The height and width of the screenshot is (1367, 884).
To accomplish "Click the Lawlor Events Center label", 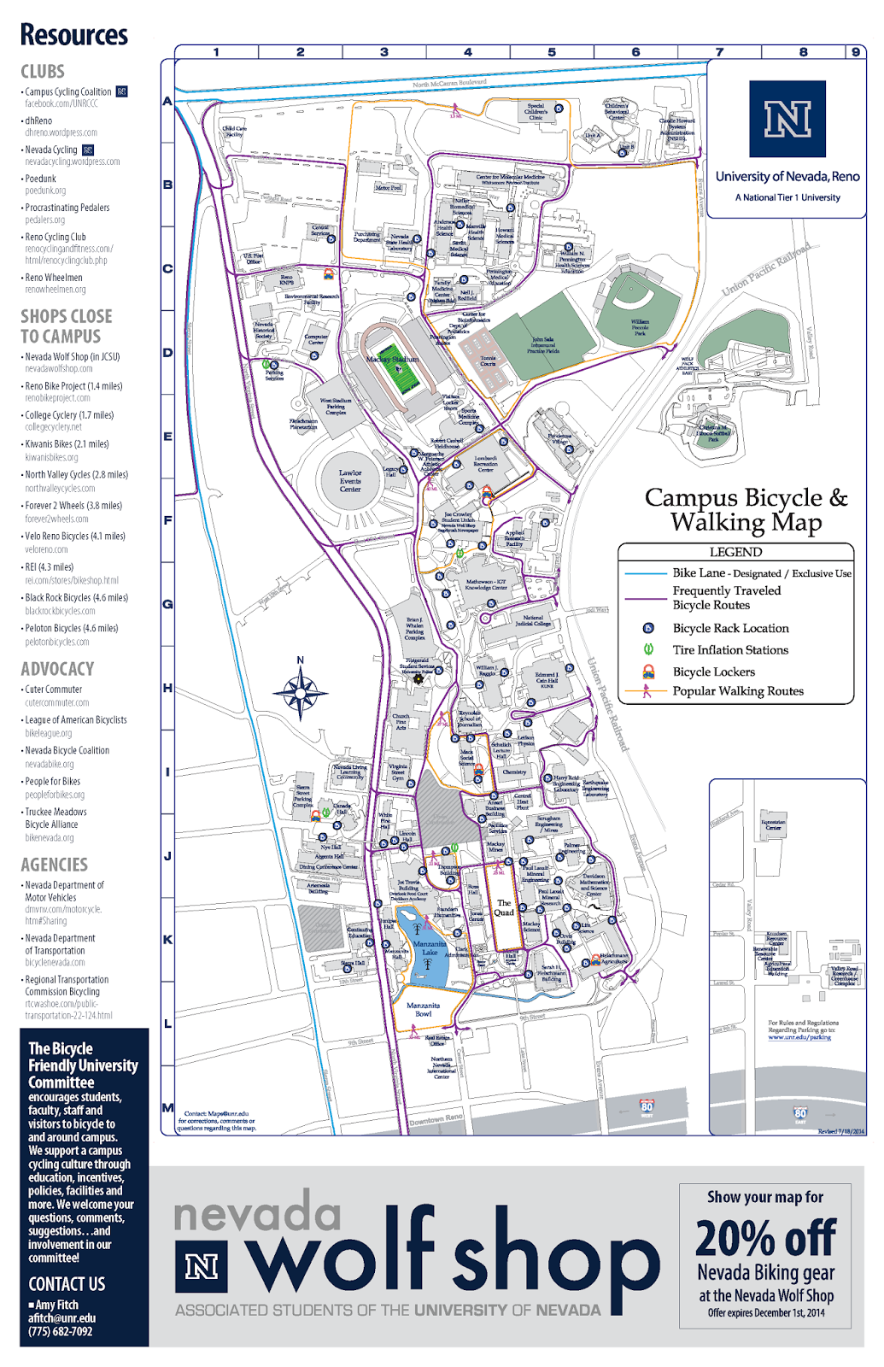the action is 350,480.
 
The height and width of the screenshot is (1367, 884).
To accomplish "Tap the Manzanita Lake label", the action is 429,948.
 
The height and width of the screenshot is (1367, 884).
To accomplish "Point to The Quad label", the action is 504,907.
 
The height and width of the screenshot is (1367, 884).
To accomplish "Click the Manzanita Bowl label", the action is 423,1010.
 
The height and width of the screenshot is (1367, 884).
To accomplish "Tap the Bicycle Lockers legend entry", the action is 713,672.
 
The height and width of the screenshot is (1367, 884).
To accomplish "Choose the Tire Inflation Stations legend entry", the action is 729,650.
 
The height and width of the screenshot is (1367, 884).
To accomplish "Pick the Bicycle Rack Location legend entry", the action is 730,628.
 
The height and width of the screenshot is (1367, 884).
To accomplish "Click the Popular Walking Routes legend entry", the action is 737,691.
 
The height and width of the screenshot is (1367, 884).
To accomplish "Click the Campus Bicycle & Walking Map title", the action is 746,509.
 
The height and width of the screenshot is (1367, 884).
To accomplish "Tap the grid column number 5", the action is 552,52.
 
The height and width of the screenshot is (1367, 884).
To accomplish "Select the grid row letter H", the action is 167,688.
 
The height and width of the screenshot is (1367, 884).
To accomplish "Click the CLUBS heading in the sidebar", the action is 43,72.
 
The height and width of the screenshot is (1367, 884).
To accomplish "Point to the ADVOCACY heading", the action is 57,669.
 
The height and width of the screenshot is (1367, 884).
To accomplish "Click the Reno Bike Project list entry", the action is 73,386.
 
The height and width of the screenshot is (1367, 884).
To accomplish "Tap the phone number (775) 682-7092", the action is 60,1331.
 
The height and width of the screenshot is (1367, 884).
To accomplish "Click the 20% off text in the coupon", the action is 765,1238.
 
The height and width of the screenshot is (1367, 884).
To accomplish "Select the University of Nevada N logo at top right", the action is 787,119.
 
